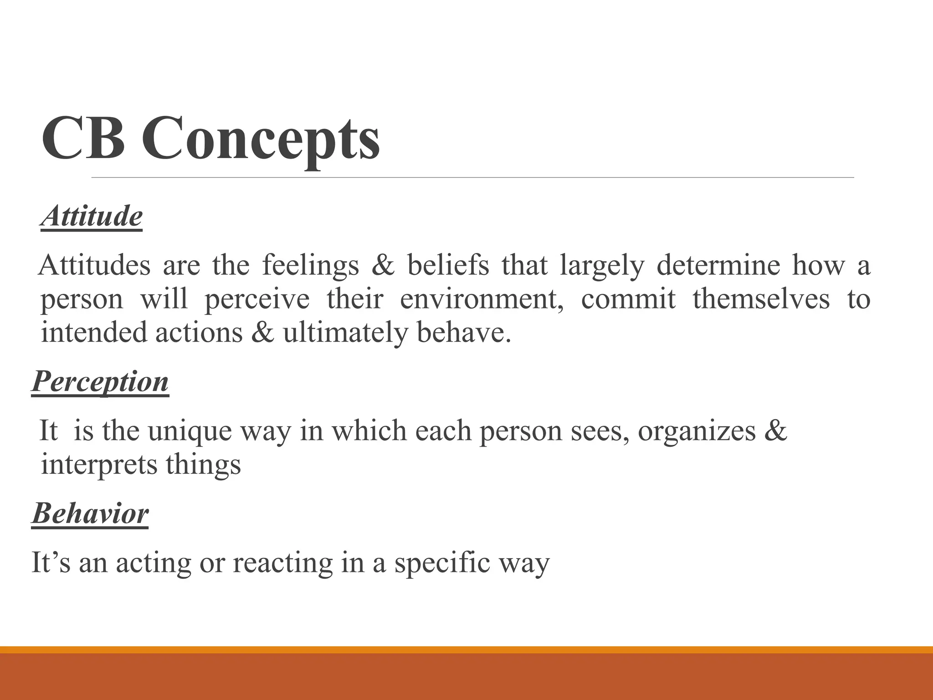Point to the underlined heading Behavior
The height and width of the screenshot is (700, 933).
(90, 514)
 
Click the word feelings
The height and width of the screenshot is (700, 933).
(310, 266)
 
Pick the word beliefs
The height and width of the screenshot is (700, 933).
(448, 265)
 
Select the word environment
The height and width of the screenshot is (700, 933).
(482, 299)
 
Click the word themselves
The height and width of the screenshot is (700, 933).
(761, 299)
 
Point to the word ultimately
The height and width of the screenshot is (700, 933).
(343, 333)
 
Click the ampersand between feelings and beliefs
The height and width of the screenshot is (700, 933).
(383, 266)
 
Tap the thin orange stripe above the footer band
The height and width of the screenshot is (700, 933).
(466, 649)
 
